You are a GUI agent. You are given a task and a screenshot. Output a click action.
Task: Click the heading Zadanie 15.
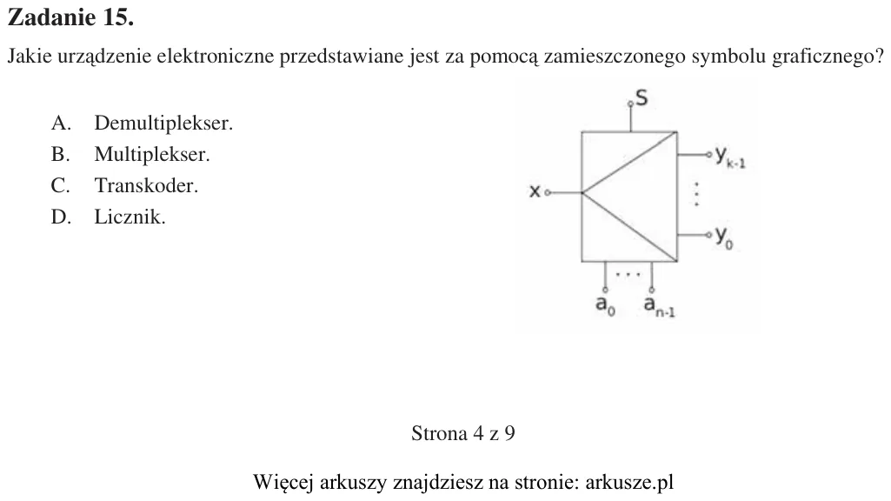[x=71, y=17]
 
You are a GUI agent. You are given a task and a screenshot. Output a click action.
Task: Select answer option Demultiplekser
[x=163, y=123]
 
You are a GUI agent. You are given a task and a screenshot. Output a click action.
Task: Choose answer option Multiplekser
[x=152, y=154]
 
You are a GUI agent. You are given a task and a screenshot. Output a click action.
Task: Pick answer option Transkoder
[x=146, y=185]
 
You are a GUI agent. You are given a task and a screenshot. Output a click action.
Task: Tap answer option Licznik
[x=130, y=217]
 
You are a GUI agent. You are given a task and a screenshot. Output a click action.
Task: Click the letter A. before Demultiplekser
[x=61, y=123]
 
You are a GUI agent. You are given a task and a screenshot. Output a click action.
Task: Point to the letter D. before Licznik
[x=61, y=217]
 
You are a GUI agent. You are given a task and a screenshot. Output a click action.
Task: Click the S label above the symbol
[x=642, y=97]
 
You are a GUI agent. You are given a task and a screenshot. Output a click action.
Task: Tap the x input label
[x=534, y=191]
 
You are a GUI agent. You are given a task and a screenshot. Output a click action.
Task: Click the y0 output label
[x=724, y=237]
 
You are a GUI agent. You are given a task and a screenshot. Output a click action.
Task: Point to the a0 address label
[x=605, y=305]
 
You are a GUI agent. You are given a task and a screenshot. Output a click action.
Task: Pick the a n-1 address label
[x=659, y=306]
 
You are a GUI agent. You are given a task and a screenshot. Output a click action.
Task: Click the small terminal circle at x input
[x=548, y=193]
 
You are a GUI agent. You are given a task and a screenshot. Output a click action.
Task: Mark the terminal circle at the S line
[x=630, y=104]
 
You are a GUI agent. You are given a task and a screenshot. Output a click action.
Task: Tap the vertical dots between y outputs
[x=696, y=194]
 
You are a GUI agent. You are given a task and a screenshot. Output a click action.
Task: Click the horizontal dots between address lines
[x=628, y=275]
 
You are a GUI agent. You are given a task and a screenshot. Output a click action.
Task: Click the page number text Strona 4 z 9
[x=463, y=433]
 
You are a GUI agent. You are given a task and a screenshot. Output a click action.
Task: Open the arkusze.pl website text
[x=629, y=482]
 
